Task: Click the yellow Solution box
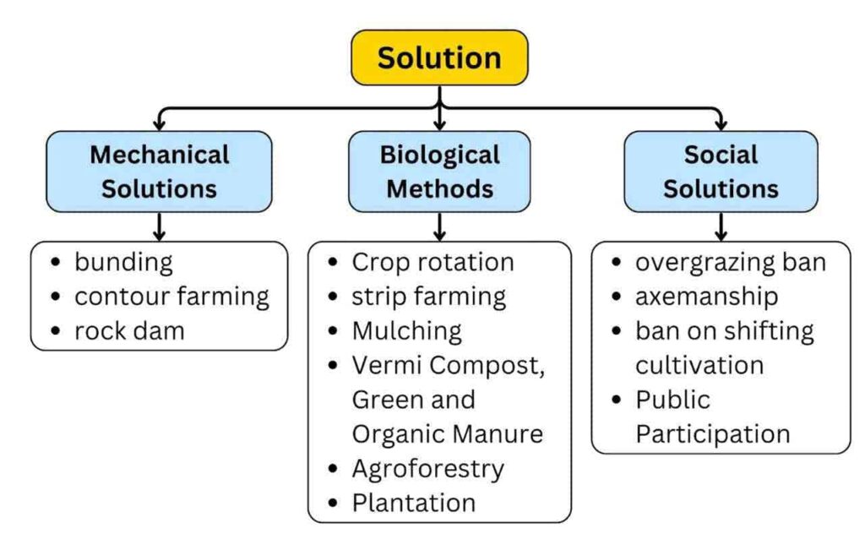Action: [439, 57]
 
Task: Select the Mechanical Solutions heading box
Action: [159, 172]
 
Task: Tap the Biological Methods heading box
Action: [439, 172]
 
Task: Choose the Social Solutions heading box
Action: [721, 172]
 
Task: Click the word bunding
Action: [123, 263]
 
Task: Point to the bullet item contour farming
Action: [171, 297]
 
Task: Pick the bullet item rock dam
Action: [129, 331]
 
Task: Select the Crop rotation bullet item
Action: [433, 262]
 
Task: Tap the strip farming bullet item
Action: [428, 297]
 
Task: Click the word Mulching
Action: [407, 331]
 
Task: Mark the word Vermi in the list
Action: [387, 365]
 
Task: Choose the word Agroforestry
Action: [428, 470]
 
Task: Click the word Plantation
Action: [414, 503]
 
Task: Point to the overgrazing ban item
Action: [731, 263]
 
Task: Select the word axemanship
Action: [707, 297]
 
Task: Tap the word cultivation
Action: [699, 365]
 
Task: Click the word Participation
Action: [713, 434]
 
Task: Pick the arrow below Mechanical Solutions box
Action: [159, 226]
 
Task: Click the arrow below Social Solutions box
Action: [721, 226]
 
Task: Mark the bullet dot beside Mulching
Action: [333, 331]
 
